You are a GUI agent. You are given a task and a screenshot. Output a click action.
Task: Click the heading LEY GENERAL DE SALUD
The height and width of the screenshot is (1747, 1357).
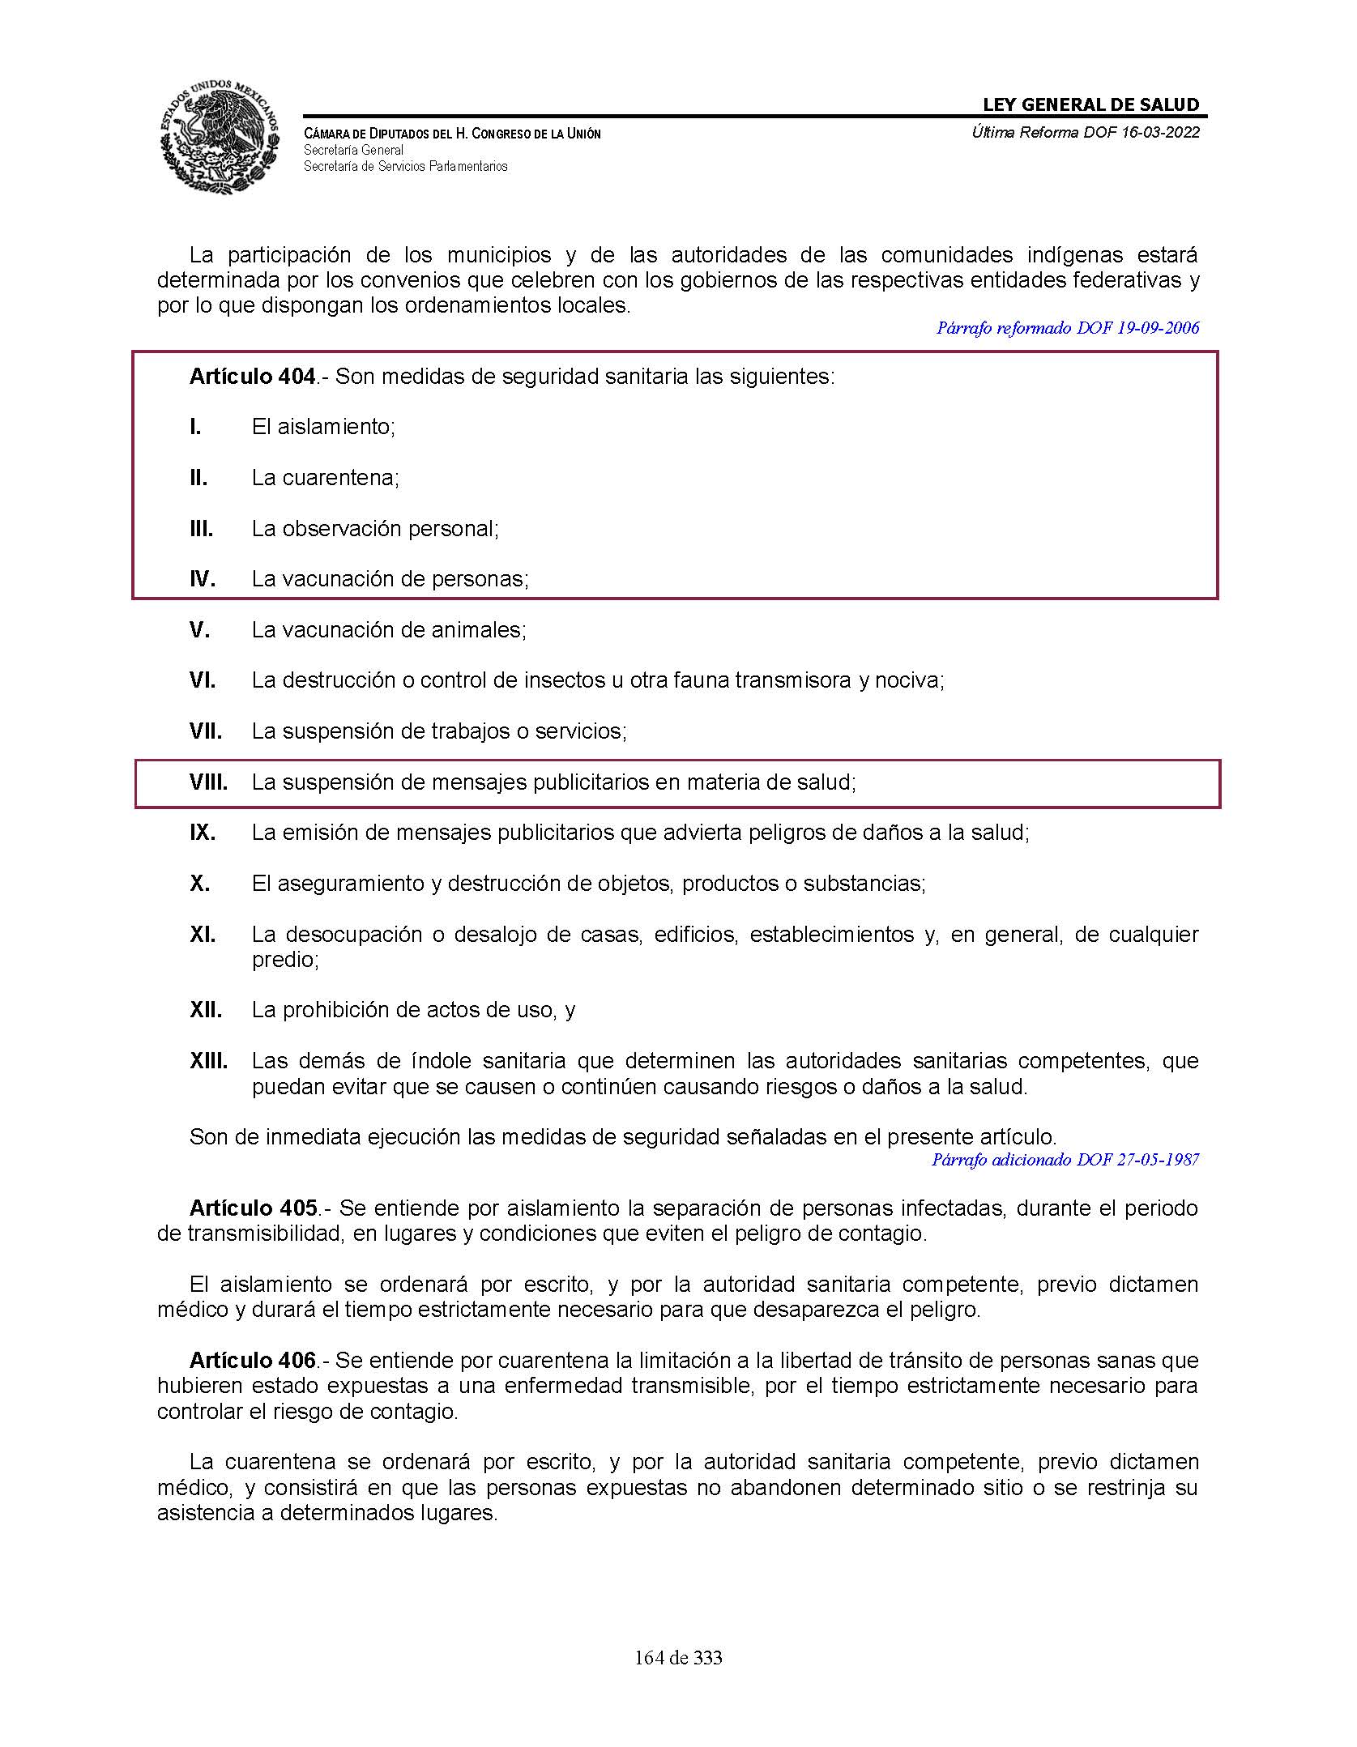click(1090, 104)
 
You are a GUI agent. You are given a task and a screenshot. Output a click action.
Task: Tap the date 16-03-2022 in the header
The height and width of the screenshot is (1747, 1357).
click(1160, 133)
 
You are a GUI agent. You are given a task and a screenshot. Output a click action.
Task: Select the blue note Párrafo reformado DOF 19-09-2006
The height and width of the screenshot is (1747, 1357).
click(1067, 328)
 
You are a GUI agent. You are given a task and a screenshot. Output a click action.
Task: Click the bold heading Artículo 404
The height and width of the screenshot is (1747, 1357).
click(252, 377)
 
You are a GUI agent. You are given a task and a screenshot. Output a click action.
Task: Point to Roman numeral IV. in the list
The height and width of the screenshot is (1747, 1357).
click(202, 579)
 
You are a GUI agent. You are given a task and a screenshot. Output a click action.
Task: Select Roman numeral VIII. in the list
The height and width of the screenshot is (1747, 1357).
click(208, 782)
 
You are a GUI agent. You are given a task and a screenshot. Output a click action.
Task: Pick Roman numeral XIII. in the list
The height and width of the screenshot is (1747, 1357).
click(208, 1061)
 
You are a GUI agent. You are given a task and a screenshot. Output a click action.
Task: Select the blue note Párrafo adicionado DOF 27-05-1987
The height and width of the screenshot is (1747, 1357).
click(1065, 1160)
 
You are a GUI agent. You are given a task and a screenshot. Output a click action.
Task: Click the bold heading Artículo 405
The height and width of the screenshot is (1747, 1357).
click(252, 1208)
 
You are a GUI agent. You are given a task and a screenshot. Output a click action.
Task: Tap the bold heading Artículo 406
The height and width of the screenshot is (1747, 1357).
click(252, 1361)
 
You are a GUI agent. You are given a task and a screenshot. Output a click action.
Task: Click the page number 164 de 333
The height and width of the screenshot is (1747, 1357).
click(678, 1658)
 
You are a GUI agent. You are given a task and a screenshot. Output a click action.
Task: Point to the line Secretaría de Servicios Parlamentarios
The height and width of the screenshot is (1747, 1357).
click(405, 167)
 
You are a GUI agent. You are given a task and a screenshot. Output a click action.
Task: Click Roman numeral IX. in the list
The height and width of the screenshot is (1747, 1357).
click(203, 833)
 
